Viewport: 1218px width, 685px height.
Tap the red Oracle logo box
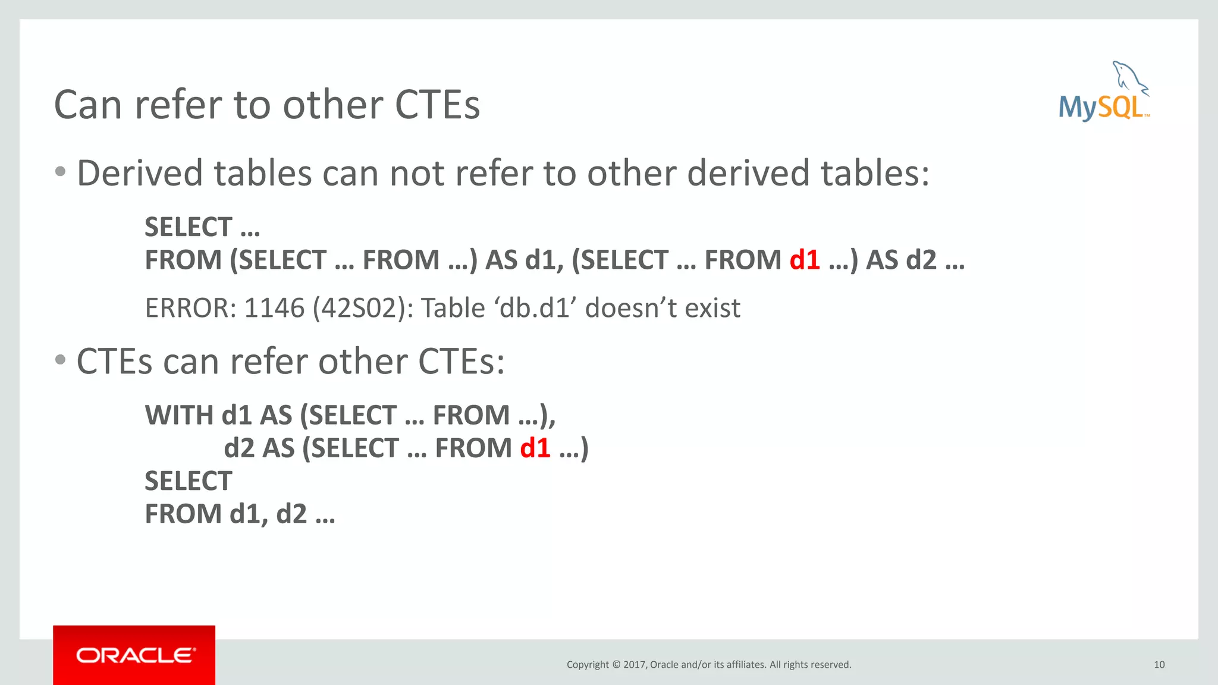pyautogui.click(x=134, y=655)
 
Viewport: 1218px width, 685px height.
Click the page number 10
pyautogui.click(x=1159, y=664)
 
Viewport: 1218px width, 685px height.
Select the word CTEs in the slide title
pyautogui.click(x=437, y=105)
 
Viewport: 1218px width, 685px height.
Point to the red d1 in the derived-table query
pyautogui.click(x=805, y=260)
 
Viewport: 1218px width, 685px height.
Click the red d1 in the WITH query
pyautogui.click(x=535, y=448)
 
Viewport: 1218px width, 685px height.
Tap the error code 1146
pyautogui.click(x=274, y=308)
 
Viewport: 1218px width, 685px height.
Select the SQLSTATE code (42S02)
pyautogui.click(x=362, y=308)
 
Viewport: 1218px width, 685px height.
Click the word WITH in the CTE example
pyautogui.click(x=178, y=415)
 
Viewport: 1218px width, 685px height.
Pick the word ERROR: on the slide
pyautogui.click(x=190, y=308)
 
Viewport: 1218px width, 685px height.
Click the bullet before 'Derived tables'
pyautogui.click(x=60, y=172)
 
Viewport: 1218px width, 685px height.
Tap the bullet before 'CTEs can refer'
pyautogui.click(x=60, y=360)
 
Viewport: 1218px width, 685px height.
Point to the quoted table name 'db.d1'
pyautogui.click(x=529, y=308)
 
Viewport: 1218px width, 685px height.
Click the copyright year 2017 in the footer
pyautogui.click(x=633, y=664)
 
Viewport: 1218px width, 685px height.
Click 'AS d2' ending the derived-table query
pyautogui.click(x=901, y=260)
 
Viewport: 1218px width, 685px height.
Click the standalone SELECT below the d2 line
pyautogui.click(x=188, y=481)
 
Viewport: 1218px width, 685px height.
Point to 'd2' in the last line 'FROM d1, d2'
pyautogui.click(x=291, y=514)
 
